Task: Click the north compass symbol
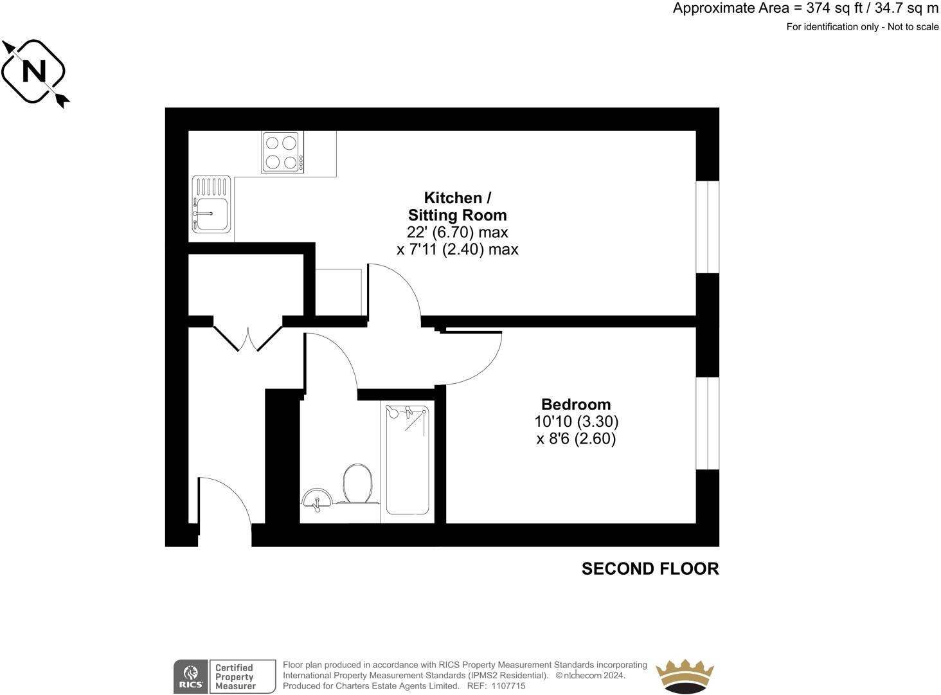pyautogui.click(x=34, y=71)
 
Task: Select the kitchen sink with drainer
pyautogui.click(x=211, y=204)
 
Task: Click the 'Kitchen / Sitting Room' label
pyautogui.click(x=457, y=206)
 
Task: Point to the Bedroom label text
pyautogui.click(x=576, y=404)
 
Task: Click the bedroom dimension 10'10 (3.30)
pyautogui.click(x=576, y=422)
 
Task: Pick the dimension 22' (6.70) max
pyautogui.click(x=457, y=231)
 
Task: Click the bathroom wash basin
pyautogui.click(x=317, y=499)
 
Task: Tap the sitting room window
pyautogui.click(x=708, y=227)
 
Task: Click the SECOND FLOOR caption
pyautogui.click(x=650, y=568)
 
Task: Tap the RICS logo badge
pyautogui.click(x=191, y=676)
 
